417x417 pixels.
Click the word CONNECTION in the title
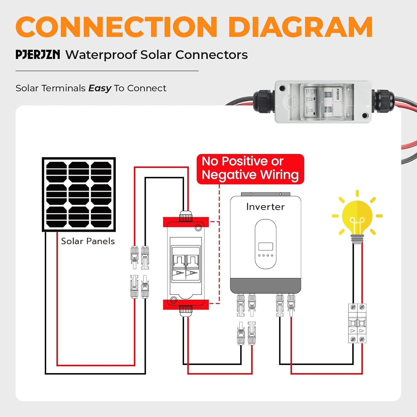pos(116,27)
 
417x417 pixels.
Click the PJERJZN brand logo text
pos(38,54)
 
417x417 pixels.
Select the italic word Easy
pos(100,88)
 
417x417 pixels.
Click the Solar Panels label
pos(88,241)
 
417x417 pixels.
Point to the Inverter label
pos(265,207)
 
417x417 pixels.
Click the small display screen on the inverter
pos(265,246)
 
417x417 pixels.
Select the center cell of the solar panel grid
pos(79,194)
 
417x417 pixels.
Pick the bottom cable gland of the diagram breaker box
pos(186,310)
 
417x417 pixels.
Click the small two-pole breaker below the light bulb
pos(357,323)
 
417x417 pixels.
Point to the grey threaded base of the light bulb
pos(357,238)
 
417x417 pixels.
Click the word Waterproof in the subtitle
pos(101,55)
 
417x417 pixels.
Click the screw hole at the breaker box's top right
pos(198,228)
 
